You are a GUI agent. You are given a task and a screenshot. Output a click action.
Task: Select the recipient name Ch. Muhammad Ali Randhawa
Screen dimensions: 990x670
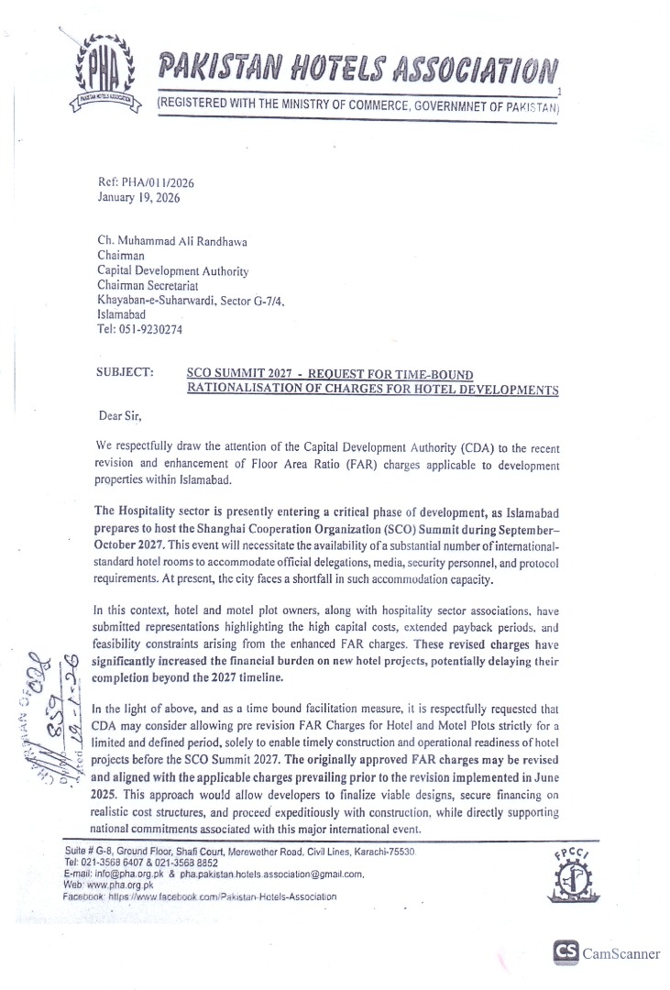click(x=173, y=242)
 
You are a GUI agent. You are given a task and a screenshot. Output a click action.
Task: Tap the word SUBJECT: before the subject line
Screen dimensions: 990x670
click(x=125, y=374)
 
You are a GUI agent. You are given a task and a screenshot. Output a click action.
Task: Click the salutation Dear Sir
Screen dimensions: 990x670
click(x=122, y=416)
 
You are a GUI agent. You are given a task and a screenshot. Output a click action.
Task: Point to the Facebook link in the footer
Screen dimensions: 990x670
click(x=196, y=896)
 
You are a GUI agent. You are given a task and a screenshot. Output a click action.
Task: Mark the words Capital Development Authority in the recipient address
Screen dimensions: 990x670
click(x=172, y=271)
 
